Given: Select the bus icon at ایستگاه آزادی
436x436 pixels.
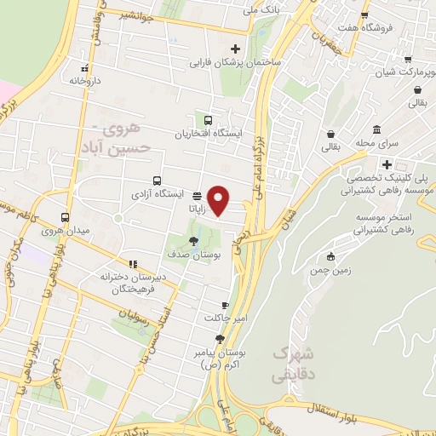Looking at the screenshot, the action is [x=157, y=181].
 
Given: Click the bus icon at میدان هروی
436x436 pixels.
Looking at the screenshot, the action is [x=65, y=218].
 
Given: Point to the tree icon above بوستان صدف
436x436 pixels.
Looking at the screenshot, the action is [x=194, y=240].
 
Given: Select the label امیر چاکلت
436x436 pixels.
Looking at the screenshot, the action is [x=225, y=318].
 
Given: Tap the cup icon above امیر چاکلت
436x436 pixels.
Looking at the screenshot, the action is [x=225, y=305].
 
